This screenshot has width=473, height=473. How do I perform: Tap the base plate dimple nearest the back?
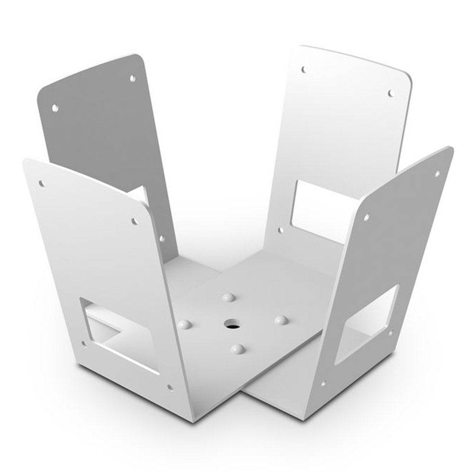click(229, 298)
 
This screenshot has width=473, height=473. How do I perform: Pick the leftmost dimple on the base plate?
click(185, 324)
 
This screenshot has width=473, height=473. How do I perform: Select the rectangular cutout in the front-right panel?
click(367, 324)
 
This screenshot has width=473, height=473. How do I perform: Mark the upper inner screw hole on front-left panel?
click(134, 221)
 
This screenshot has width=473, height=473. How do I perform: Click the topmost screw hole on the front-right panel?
click(437, 174)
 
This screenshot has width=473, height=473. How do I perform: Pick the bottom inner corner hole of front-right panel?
click(323, 384)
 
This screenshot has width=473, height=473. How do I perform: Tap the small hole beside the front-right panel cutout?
click(390, 333)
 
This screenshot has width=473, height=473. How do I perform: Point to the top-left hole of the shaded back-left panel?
click(55, 108)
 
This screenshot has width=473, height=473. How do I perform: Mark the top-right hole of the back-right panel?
click(391, 93)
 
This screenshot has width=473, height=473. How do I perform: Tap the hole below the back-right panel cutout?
click(280, 230)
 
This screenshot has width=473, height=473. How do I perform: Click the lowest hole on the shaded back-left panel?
click(162, 239)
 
